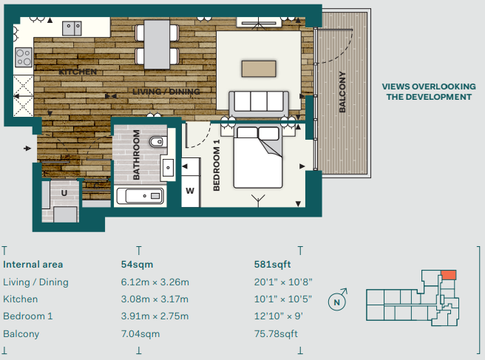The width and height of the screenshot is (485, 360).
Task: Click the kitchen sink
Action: click(72, 28)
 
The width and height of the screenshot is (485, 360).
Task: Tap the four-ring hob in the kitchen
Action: click(24, 57)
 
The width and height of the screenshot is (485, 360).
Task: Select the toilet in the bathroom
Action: click(158, 142)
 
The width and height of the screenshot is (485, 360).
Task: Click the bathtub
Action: click(140, 196)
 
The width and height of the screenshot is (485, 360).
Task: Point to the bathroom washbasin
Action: click(168, 167)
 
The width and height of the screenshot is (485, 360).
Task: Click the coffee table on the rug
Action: click(259, 69)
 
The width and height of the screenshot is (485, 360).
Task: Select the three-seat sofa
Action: click(259, 103)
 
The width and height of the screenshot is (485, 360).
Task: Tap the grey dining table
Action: click(157, 44)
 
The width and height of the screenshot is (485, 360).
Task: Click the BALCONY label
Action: click(342, 92)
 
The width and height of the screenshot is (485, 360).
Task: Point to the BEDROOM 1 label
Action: click(217, 165)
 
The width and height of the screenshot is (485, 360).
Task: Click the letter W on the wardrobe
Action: click(190, 191)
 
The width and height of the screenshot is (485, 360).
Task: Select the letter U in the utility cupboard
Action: click(64, 193)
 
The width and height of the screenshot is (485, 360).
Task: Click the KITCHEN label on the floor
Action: click(78, 72)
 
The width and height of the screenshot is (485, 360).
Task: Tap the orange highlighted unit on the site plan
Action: click(448, 275)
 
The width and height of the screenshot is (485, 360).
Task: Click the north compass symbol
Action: click(337, 301)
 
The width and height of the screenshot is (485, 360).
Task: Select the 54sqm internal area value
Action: click(137, 265)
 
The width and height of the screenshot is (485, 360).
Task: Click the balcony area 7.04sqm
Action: click(140, 333)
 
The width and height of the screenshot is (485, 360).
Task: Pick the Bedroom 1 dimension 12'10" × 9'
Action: click(279, 316)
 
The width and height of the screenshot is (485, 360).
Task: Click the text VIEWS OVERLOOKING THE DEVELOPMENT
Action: click(429, 92)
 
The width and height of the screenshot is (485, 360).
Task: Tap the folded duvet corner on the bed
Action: click(271, 147)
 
